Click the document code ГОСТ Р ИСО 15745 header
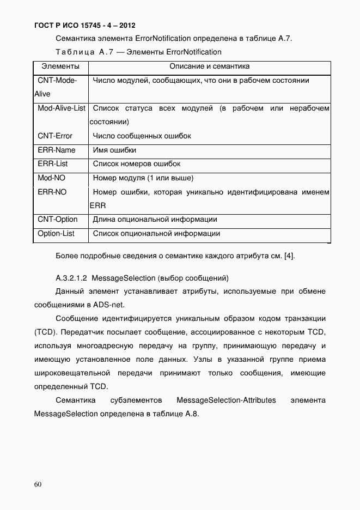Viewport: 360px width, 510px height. click(85, 25)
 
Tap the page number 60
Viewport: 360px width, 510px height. click(38, 484)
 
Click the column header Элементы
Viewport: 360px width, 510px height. click(57, 66)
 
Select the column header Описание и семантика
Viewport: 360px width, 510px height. click(209, 66)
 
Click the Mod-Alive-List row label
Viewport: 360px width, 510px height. click(62, 108)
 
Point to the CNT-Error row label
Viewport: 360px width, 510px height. click(54, 136)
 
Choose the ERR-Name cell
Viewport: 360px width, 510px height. click(57, 150)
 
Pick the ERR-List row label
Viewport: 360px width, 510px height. click(53, 163)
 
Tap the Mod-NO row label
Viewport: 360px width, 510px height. click(52, 178)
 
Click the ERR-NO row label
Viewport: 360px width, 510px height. click(52, 192)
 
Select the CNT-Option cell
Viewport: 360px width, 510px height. click(58, 220)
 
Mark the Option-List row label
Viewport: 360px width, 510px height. click(56, 234)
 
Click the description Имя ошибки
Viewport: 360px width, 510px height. click(114, 150)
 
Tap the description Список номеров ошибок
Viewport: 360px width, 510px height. click(137, 163)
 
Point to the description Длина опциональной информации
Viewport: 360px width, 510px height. click(155, 220)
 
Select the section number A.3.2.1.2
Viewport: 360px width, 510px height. click(72, 277)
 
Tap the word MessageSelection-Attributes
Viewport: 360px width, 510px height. click(226, 400)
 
